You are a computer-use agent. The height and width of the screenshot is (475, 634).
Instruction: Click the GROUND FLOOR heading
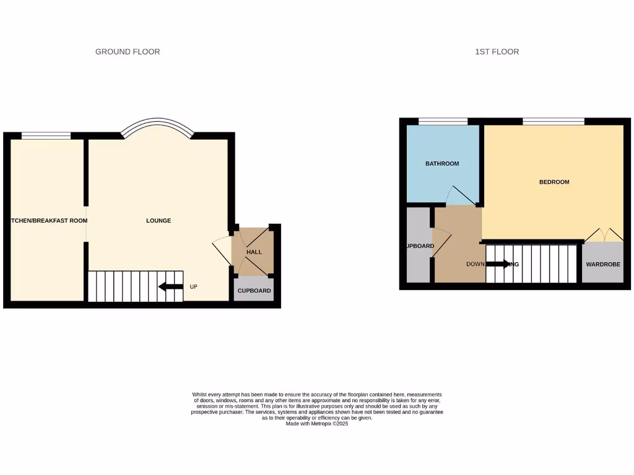[128, 52]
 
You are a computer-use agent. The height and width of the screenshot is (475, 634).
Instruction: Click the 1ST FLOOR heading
[497, 52]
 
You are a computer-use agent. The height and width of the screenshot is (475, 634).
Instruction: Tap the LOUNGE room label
[158, 221]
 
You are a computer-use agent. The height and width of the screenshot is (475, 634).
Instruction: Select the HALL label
[254, 252]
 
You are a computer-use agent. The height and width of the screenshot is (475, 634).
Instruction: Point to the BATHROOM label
[442, 164]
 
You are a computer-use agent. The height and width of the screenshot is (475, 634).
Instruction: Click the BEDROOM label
[554, 182]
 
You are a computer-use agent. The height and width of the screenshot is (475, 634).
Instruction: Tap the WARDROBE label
[603, 265]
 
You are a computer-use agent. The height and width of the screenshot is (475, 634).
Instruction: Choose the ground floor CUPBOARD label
[254, 291]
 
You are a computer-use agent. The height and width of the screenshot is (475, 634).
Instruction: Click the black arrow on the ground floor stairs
[170, 286]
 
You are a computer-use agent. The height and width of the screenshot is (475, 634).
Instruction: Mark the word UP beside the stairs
[194, 287]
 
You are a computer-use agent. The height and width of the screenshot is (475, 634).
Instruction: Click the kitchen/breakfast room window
[46, 136]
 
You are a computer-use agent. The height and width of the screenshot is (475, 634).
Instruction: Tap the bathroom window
[443, 122]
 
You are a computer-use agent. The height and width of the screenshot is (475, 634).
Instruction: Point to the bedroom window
[554, 122]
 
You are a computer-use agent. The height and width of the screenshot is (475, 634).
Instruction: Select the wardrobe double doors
[604, 235]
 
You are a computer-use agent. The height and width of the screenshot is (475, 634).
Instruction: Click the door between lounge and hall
[221, 250]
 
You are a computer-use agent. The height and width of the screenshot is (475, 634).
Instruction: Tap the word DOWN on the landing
[475, 264]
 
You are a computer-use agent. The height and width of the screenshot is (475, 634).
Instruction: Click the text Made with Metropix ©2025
[317, 424]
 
